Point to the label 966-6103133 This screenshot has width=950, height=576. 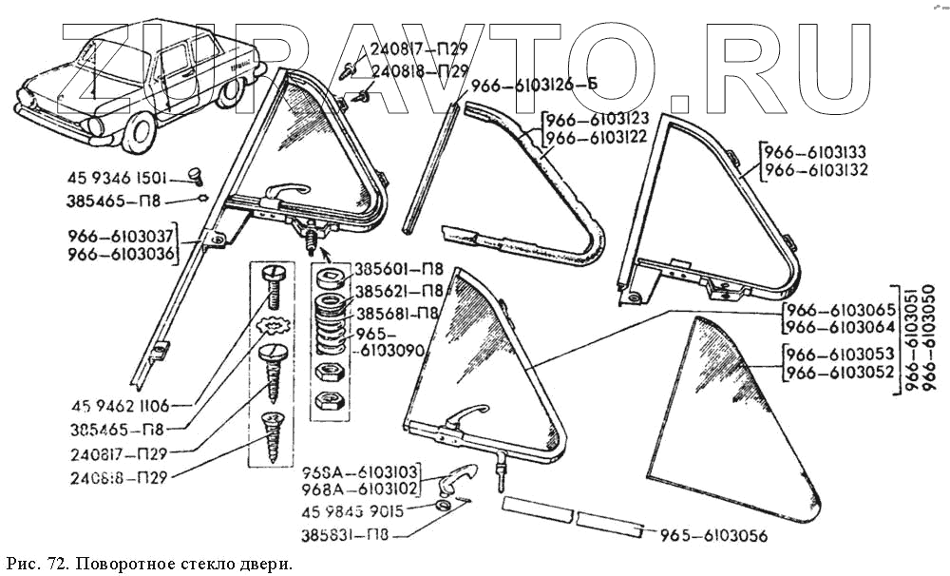click(816, 152)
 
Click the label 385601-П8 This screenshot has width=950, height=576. click(396, 269)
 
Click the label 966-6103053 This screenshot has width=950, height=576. click(840, 355)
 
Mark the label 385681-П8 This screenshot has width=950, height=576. click(396, 313)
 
